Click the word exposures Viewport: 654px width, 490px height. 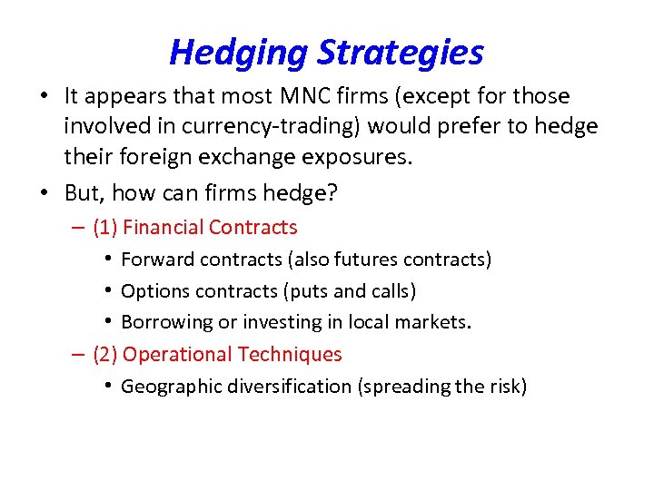tap(360, 156)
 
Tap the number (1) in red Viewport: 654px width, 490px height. tap(105, 228)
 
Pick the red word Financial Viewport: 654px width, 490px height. tap(163, 228)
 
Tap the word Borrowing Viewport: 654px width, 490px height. tap(163, 323)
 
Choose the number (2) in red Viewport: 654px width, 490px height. tap(105, 355)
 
